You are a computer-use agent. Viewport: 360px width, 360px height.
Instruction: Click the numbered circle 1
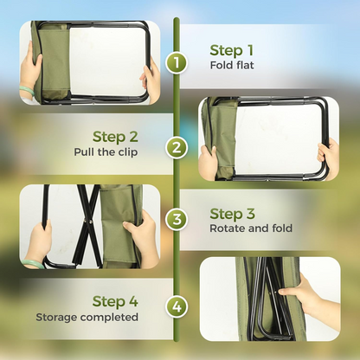[x=177, y=62]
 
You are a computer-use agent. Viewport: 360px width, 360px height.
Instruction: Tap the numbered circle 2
[x=177, y=147]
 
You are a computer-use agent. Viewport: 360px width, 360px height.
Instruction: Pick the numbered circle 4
[x=177, y=306]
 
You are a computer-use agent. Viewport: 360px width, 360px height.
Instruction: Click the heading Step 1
[x=232, y=49]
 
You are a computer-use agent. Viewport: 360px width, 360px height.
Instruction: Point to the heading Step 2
[x=115, y=137]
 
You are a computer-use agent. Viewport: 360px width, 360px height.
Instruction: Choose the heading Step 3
[x=232, y=214]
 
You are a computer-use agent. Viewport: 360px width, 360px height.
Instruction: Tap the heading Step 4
[x=115, y=301]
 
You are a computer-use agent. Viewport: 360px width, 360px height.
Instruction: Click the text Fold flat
[x=232, y=65]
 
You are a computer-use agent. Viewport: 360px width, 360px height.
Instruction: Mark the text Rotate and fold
[x=251, y=229]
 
